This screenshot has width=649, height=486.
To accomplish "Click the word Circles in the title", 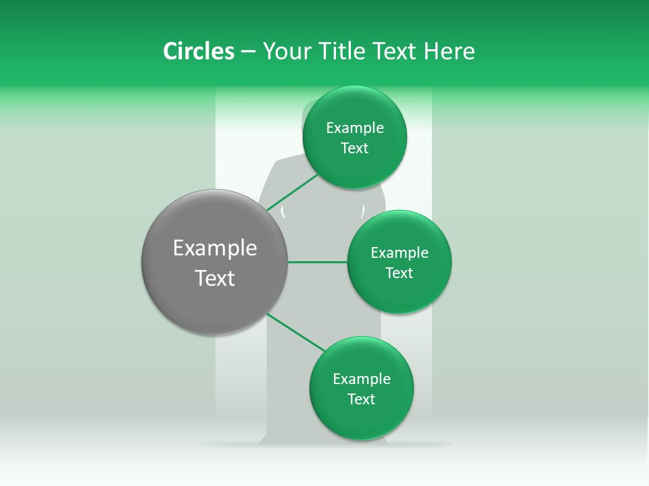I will click(x=198, y=51).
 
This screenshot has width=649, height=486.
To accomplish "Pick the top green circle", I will click(x=354, y=169).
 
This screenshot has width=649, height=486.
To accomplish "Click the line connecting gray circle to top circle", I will click(x=292, y=192).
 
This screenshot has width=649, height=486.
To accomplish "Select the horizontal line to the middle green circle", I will click(x=317, y=262).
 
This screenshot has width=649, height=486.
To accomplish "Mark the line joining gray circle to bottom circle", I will click(x=296, y=332).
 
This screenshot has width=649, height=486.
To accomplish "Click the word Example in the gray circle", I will click(x=215, y=248).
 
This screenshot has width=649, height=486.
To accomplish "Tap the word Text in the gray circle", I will click(x=215, y=278).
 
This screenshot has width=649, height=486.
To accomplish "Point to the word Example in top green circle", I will click(x=354, y=128).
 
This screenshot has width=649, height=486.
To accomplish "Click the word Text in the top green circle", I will click(x=354, y=148).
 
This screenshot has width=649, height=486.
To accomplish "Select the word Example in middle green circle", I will click(x=399, y=253).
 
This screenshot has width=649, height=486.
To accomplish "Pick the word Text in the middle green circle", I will click(x=399, y=273).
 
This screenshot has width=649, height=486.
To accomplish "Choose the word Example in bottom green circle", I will click(x=361, y=379).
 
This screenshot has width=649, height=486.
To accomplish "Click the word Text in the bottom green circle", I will click(x=361, y=400).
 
